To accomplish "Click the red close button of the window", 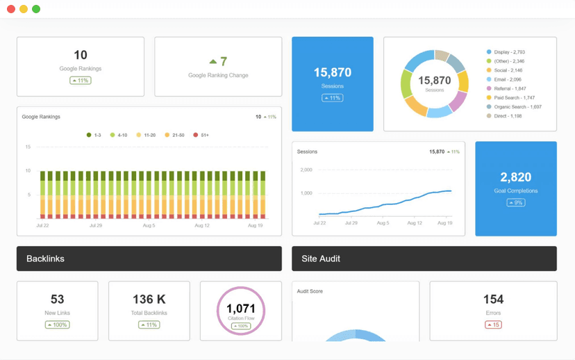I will click(11, 9).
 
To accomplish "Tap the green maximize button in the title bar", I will click(36, 9).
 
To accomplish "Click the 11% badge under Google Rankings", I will click(81, 81).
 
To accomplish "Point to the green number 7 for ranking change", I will click(223, 62).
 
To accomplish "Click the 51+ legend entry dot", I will click(196, 135).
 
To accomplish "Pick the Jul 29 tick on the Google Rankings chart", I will click(96, 225).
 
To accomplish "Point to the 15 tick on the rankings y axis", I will click(28, 147).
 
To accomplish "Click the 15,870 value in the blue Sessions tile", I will click(332, 72).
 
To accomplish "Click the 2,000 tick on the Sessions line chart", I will click(306, 170).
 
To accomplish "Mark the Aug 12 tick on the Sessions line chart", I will click(414, 223).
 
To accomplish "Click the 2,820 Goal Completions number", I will click(515, 177).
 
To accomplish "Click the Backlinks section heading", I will click(45, 259).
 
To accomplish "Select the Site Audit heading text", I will click(321, 259).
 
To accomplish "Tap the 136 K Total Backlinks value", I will click(149, 300).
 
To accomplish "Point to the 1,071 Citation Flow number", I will click(241, 309).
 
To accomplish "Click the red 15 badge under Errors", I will click(493, 325).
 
